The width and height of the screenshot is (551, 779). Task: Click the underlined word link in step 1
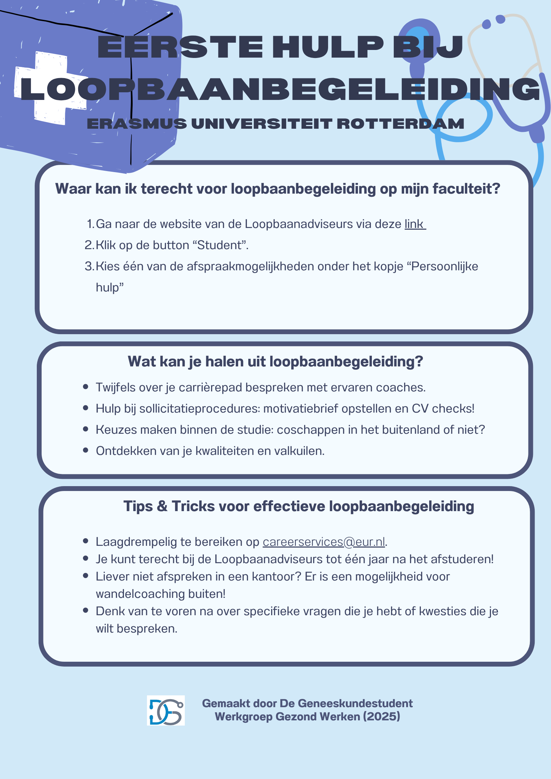click(x=414, y=224)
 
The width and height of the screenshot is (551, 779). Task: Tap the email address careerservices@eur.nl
click(x=324, y=542)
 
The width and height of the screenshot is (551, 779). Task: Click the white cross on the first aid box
click(x=50, y=88)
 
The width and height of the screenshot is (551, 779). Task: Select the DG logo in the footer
click(x=166, y=710)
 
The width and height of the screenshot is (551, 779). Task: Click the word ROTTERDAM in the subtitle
click(x=400, y=124)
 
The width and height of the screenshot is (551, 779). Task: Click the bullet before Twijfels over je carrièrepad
click(x=86, y=387)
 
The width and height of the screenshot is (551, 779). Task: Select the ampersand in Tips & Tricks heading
click(x=162, y=506)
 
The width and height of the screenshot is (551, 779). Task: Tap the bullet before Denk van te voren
click(x=86, y=611)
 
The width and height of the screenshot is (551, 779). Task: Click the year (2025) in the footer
click(x=382, y=717)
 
